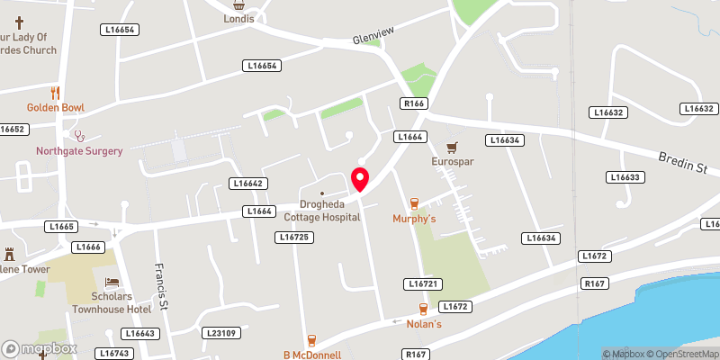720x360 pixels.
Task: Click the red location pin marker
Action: pos(360,179)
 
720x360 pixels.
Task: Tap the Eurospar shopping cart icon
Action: pos(453,147)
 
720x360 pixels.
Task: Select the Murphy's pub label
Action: pos(414,219)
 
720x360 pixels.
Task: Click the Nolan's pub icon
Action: pos(423,309)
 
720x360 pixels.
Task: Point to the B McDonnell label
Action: pos(312,355)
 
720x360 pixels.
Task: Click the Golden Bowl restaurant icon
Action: pos(55,93)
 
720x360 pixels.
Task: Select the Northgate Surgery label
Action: pos(79,150)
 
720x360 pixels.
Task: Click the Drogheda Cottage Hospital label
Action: pos(321,211)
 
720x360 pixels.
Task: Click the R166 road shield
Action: pos(414,103)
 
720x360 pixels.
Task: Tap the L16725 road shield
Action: pos(294,237)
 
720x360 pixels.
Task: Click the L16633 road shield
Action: pos(625,177)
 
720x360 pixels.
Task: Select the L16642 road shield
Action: pos(247,184)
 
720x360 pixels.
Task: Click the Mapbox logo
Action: pos(38,348)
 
